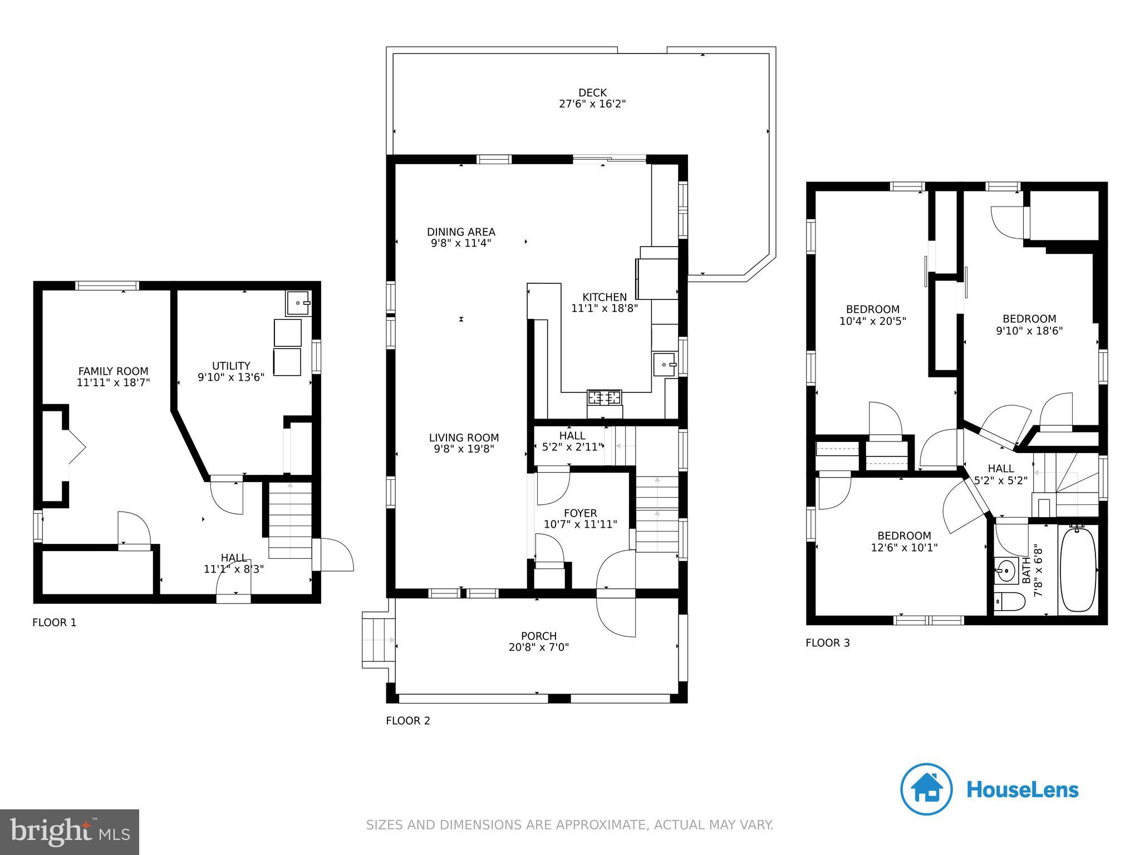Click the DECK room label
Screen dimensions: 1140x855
[x=592, y=92]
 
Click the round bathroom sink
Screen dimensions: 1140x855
[x=1007, y=571]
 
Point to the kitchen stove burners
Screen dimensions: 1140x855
[x=605, y=397]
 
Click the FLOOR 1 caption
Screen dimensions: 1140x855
[x=55, y=622]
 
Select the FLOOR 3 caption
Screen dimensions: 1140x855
[x=828, y=643]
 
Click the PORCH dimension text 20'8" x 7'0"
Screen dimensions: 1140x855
[x=539, y=647]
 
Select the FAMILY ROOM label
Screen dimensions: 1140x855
[x=114, y=371]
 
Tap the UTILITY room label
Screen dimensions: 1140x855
[x=231, y=366]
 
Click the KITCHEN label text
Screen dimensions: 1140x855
[x=605, y=297]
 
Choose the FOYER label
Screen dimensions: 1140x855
[x=581, y=513]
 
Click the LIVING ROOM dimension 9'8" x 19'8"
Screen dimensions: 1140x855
[x=464, y=449]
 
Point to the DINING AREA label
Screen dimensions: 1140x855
[x=461, y=232]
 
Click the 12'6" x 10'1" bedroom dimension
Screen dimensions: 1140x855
[x=904, y=547]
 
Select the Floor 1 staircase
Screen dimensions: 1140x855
[x=290, y=520]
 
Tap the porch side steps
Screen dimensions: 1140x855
[x=379, y=640]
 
